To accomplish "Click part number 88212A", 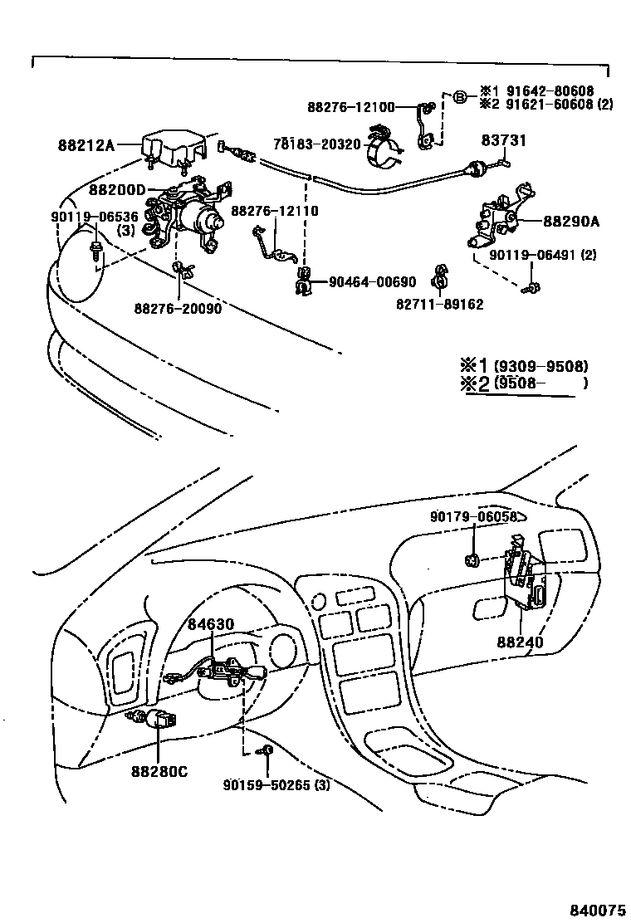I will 86,145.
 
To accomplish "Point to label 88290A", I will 571,222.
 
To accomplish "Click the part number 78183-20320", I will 317,144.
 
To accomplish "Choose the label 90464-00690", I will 372,283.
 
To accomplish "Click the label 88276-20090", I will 178,309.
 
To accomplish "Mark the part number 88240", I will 520,642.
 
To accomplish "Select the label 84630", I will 210,623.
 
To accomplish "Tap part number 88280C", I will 159,771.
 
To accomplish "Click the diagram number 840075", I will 594,911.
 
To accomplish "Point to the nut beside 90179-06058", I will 472,561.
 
